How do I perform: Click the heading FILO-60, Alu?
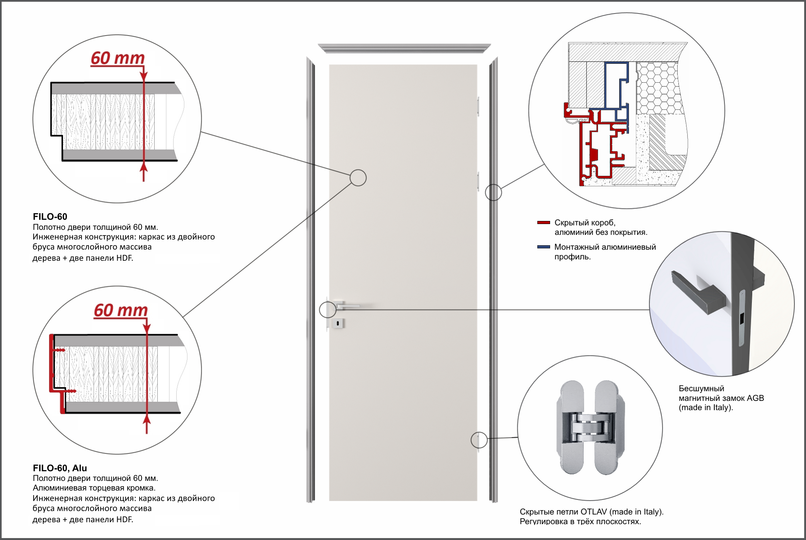60,468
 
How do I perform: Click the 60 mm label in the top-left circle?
118,58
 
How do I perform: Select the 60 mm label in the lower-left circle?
121,310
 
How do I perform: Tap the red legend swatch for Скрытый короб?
544,222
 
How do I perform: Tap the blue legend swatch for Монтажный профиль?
544,247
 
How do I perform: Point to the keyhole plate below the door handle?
338,323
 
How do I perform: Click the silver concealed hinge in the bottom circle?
590,428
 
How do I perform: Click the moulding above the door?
404,48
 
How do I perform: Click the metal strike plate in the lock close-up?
742,318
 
